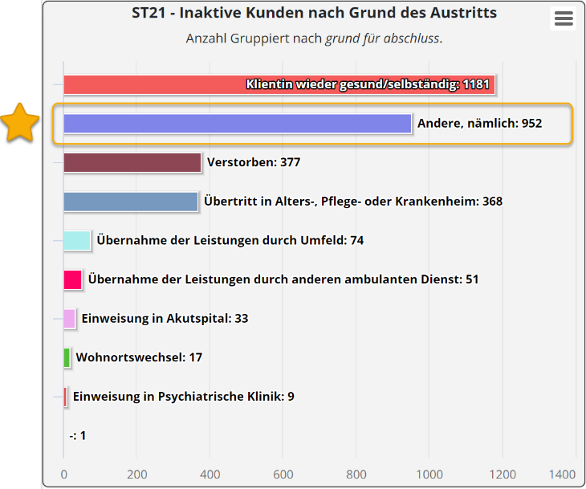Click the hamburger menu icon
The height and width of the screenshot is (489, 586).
tap(564, 19)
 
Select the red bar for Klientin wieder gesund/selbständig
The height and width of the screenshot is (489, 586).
tap(279, 84)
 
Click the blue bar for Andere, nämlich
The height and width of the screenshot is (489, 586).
tap(238, 124)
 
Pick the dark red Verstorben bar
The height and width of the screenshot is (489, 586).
tap(132, 162)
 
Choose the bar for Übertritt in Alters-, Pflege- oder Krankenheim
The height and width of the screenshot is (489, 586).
tap(131, 202)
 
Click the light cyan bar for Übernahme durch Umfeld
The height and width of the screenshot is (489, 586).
tap(77, 240)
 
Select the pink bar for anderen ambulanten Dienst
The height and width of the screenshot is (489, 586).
tap(73, 279)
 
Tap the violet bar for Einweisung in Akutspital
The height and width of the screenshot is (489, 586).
tap(70, 319)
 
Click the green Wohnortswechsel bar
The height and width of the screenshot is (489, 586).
tap(67, 357)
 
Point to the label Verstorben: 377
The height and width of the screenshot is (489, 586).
tap(254, 162)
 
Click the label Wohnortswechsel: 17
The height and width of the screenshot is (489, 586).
tap(139, 357)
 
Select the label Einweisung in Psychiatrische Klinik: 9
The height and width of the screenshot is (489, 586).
tap(183, 397)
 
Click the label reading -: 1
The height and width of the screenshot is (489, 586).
tap(78, 436)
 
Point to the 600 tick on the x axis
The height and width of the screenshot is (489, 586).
tap(283, 474)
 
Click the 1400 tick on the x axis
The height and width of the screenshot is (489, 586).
tap(563, 474)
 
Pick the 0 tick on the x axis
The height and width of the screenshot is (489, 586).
tap(64, 474)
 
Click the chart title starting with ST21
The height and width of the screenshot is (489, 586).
tap(314, 13)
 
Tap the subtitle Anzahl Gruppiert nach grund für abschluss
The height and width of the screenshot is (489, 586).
tap(314, 39)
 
